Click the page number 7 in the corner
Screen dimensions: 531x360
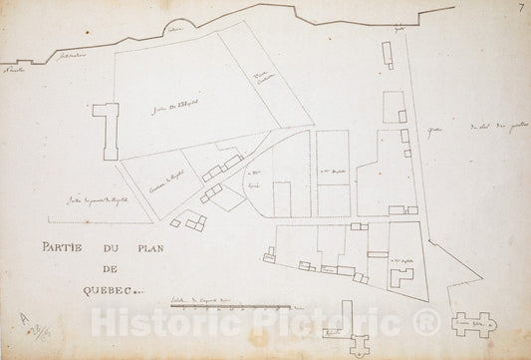521,9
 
